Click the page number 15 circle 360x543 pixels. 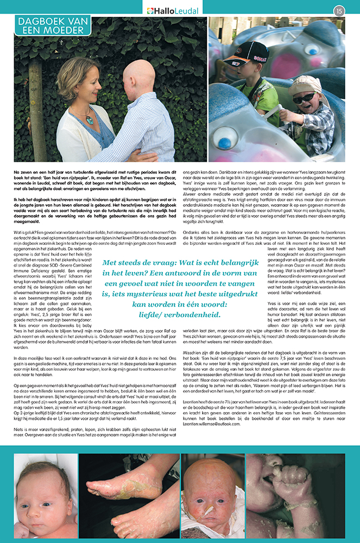pos(339,10)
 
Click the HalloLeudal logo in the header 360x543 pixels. pos(173,10)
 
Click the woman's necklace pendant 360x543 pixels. pos(89,116)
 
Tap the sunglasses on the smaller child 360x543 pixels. pos(303,99)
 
